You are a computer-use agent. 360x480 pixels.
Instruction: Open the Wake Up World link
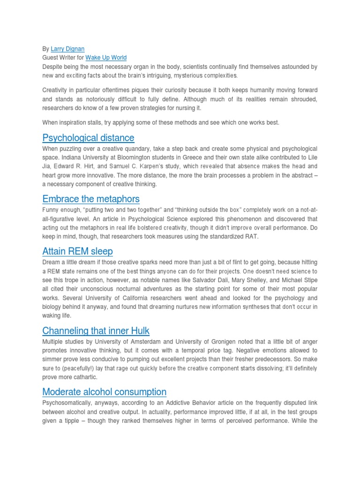coord(106,58)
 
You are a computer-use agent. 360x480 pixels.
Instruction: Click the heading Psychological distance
coord(88,138)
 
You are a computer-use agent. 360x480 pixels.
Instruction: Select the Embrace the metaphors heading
coord(91,199)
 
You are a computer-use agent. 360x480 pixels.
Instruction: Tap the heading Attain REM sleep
coord(77,251)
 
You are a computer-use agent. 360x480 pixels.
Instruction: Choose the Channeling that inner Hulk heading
coord(96,331)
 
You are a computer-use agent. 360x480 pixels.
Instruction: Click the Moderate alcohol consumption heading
coord(104,392)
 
